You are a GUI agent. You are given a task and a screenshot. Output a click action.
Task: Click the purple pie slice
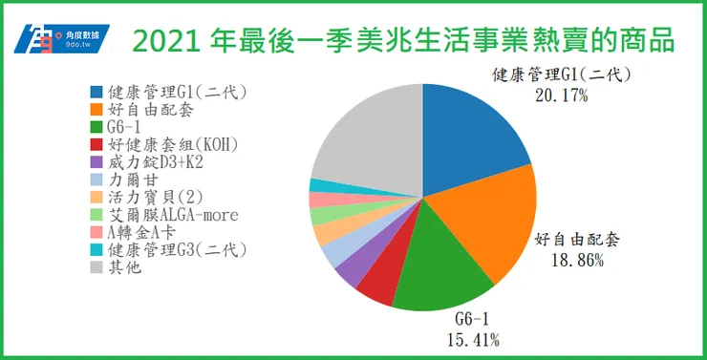click(352, 272)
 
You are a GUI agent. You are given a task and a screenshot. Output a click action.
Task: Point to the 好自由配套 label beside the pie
click(574, 239)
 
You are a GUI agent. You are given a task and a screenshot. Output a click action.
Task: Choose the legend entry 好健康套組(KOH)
click(166, 144)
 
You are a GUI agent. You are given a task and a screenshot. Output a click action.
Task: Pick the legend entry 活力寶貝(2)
click(152, 197)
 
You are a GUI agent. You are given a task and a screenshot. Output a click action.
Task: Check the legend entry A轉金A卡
click(148, 232)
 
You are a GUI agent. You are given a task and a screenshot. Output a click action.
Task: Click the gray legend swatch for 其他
click(97, 266)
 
